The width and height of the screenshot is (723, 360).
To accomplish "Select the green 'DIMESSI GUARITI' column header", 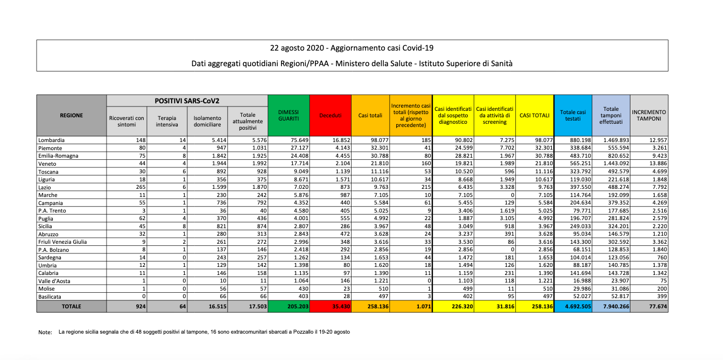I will point(289,115).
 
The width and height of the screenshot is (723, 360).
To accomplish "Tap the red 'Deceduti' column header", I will point(330,115).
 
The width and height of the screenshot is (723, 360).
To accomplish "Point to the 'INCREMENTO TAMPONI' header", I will point(649,115).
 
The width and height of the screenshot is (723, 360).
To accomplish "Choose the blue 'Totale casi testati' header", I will point(573,115).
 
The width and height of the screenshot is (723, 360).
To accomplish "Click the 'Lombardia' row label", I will point(52,140).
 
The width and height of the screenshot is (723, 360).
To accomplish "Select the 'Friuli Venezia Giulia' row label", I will point(62,242).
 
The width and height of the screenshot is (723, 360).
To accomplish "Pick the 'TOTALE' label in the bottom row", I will point(71,306).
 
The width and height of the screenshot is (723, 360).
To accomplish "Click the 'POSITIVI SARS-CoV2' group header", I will point(187,101).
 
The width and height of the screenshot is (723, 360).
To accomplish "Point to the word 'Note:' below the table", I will point(45,333).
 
